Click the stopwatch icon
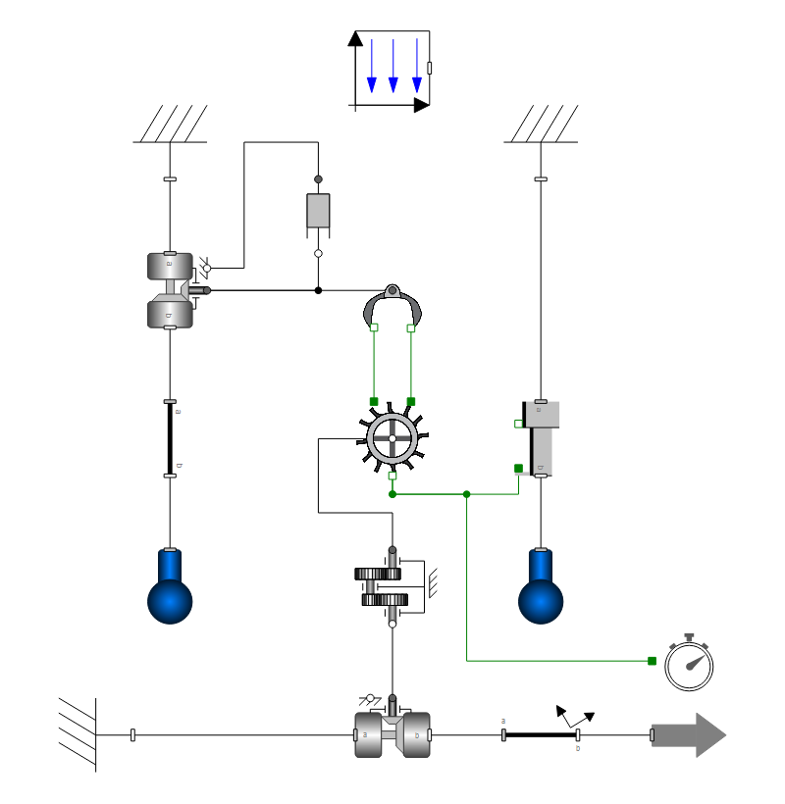689,665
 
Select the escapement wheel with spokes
392,437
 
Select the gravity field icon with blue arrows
391,71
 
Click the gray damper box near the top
318,211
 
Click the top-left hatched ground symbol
170,126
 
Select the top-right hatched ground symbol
541,126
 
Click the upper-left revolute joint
170,290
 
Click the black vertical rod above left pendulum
170,438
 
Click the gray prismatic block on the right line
543,438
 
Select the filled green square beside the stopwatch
652,661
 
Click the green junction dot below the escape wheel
392,494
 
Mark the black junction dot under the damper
318,290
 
